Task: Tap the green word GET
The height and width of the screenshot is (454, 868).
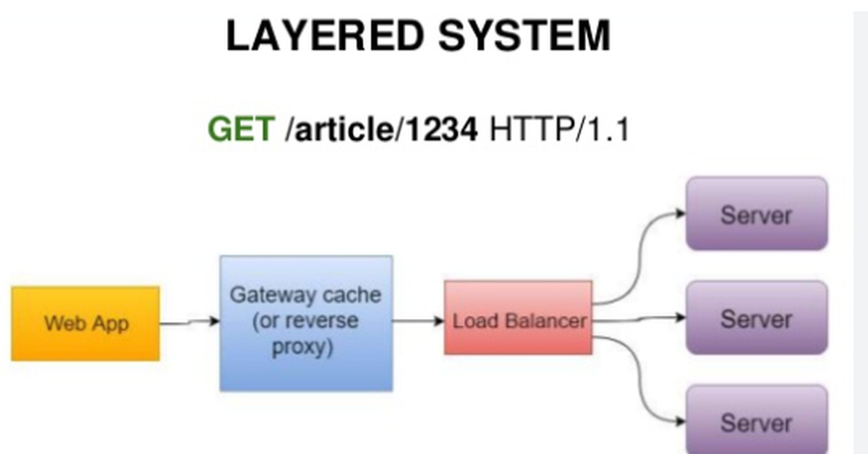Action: pos(241,130)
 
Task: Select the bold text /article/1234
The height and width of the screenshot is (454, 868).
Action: pos(382,130)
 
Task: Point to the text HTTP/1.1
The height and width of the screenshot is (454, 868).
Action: pos(559,130)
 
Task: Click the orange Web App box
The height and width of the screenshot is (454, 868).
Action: pos(85,323)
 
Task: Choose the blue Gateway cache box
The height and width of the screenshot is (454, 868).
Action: pos(306,322)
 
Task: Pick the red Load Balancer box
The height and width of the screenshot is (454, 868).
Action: pos(519,318)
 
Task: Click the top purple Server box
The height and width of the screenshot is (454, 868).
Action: pos(757,214)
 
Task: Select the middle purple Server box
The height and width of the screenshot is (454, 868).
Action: pos(757,318)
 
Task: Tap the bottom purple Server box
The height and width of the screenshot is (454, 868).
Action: pos(757,421)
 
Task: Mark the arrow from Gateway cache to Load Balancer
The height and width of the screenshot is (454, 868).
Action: pos(418,321)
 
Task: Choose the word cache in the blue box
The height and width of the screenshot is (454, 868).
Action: pos(352,295)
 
